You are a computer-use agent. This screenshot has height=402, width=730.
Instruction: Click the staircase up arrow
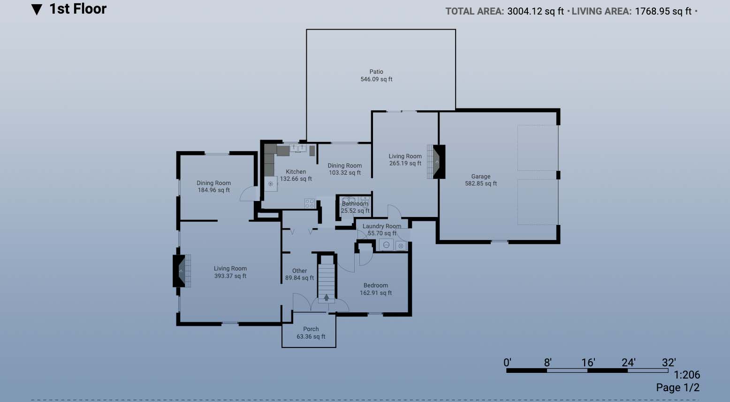[x=326, y=297]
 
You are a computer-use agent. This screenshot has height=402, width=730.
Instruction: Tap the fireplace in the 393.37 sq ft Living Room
[x=182, y=271]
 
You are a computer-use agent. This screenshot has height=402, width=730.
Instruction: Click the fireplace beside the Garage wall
[x=436, y=162]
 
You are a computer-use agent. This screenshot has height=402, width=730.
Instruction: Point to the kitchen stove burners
[x=309, y=204]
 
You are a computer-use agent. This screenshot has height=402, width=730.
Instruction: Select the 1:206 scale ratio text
[x=687, y=375]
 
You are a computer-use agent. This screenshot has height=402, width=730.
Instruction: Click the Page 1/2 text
[x=678, y=387]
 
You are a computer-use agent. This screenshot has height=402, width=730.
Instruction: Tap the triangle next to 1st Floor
[x=37, y=9]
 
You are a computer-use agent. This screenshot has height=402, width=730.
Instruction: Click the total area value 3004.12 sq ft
[x=535, y=11]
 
